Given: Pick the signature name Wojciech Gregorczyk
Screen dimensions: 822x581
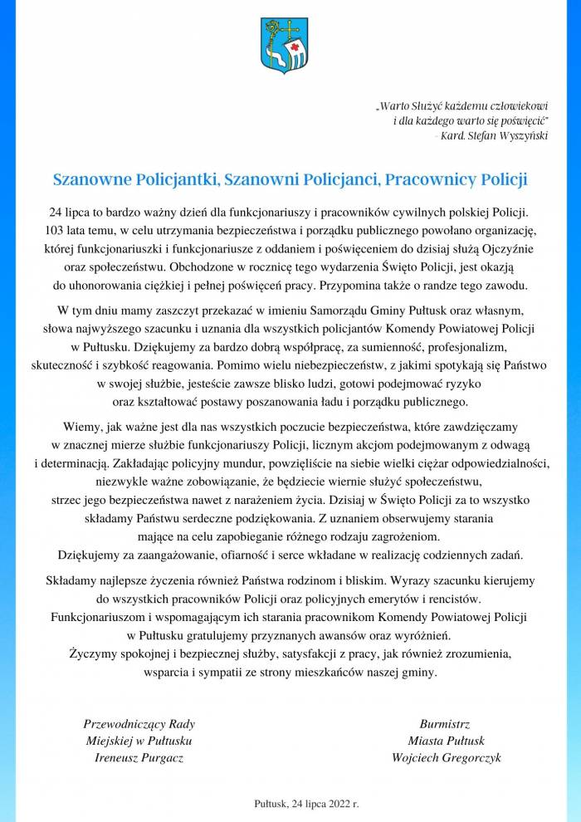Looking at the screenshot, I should click(447, 758).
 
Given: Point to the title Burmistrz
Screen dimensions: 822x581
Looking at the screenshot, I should click(447, 723).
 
